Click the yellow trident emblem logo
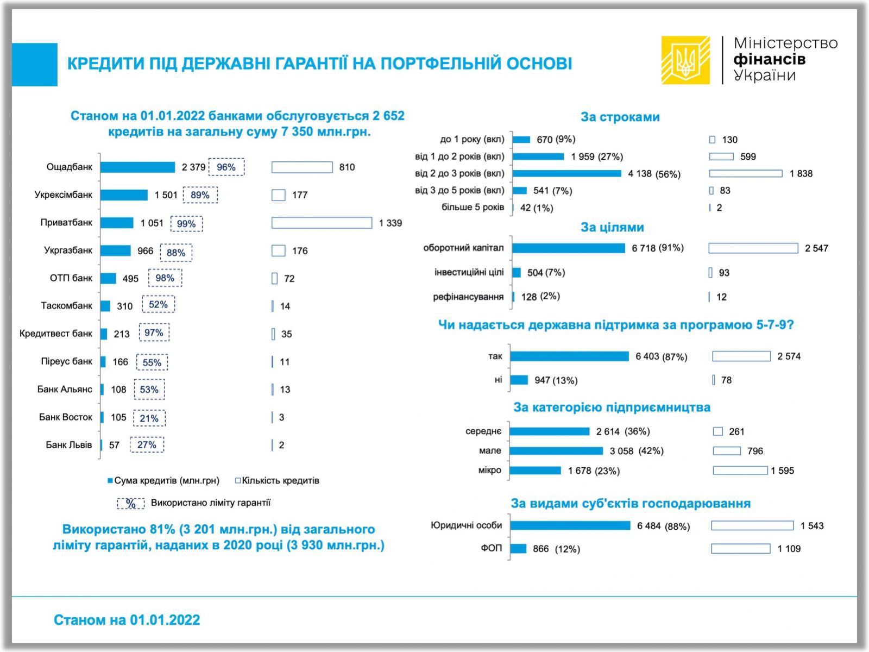685,60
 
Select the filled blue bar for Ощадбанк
137,167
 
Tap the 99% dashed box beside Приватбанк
186,224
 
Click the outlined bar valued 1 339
322,223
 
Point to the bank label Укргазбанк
68,250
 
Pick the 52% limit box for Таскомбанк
158,305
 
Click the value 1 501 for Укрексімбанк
166,195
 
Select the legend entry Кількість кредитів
277,480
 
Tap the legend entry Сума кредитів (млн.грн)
163,480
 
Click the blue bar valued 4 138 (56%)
566,173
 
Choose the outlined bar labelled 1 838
746,173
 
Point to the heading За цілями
612,227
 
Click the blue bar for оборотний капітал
568,248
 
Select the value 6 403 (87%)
661,356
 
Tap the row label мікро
489,471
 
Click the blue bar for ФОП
518,548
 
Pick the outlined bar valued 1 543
752,525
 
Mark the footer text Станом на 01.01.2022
127,620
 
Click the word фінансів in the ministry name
769,59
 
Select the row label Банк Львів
68,445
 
